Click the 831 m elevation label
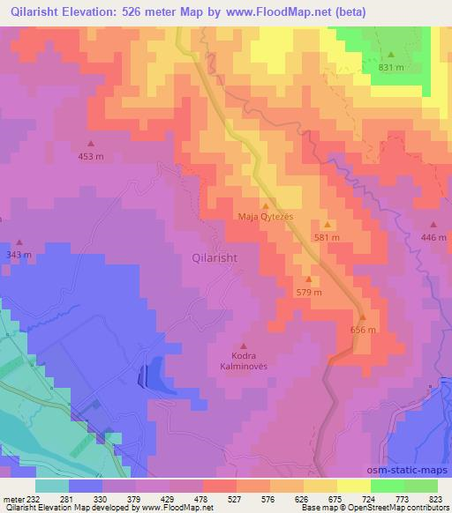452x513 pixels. [x=391, y=67]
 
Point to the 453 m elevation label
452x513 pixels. [x=91, y=156]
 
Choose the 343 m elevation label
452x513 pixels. [x=19, y=255]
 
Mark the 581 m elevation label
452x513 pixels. [x=327, y=237]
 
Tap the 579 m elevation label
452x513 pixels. [x=308, y=292]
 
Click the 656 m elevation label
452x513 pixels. [x=363, y=330]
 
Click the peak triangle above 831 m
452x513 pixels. [x=390, y=55]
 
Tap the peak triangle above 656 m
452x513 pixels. [x=362, y=317]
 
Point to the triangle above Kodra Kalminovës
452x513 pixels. [x=244, y=346]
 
